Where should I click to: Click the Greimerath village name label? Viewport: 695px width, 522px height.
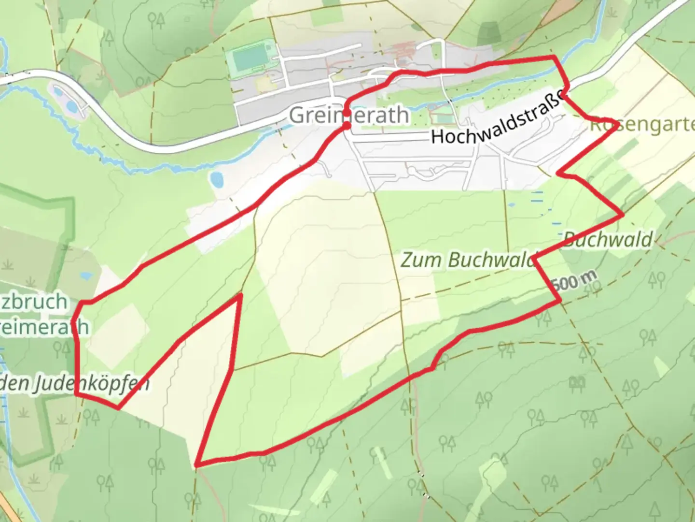348,116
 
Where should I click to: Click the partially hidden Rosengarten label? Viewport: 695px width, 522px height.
642,125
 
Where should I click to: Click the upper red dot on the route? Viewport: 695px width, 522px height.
347,113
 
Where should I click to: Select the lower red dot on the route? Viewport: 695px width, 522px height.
347,126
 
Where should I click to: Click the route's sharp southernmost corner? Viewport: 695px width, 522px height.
196,465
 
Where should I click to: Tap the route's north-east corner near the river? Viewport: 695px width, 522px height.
555,57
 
